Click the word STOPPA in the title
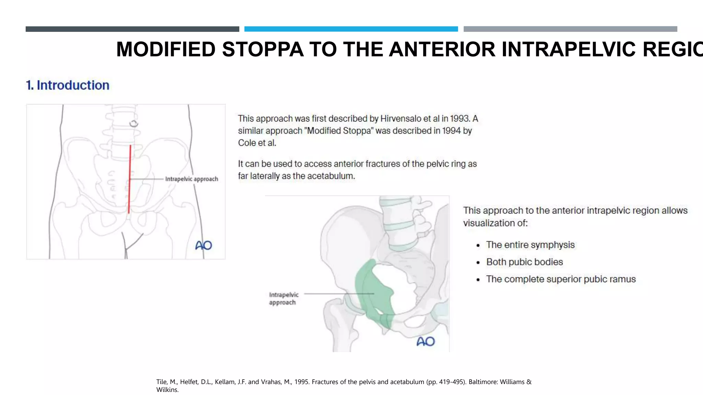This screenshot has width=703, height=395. coord(263,49)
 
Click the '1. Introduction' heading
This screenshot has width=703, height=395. coord(68,85)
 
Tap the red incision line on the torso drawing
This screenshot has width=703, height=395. coord(130,178)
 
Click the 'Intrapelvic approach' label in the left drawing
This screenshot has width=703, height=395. coord(192,179)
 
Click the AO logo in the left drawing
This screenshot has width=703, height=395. coord(204,245)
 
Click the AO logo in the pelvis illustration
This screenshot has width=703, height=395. coord(425,341)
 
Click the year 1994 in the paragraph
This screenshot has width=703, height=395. coord(451,131)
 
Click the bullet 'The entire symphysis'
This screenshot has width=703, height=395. coord(530,245)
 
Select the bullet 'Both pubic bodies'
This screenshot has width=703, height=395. coord(525,262)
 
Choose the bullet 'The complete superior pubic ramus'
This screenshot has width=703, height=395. coord(561,279)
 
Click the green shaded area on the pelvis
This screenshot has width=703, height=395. coord(372,291)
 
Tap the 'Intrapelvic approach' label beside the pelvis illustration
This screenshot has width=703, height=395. coord(284,299)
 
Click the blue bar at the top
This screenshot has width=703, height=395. coord(351,29)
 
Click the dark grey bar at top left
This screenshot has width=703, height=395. coord(132,29)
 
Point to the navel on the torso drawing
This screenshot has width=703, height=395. coord(134,123)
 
